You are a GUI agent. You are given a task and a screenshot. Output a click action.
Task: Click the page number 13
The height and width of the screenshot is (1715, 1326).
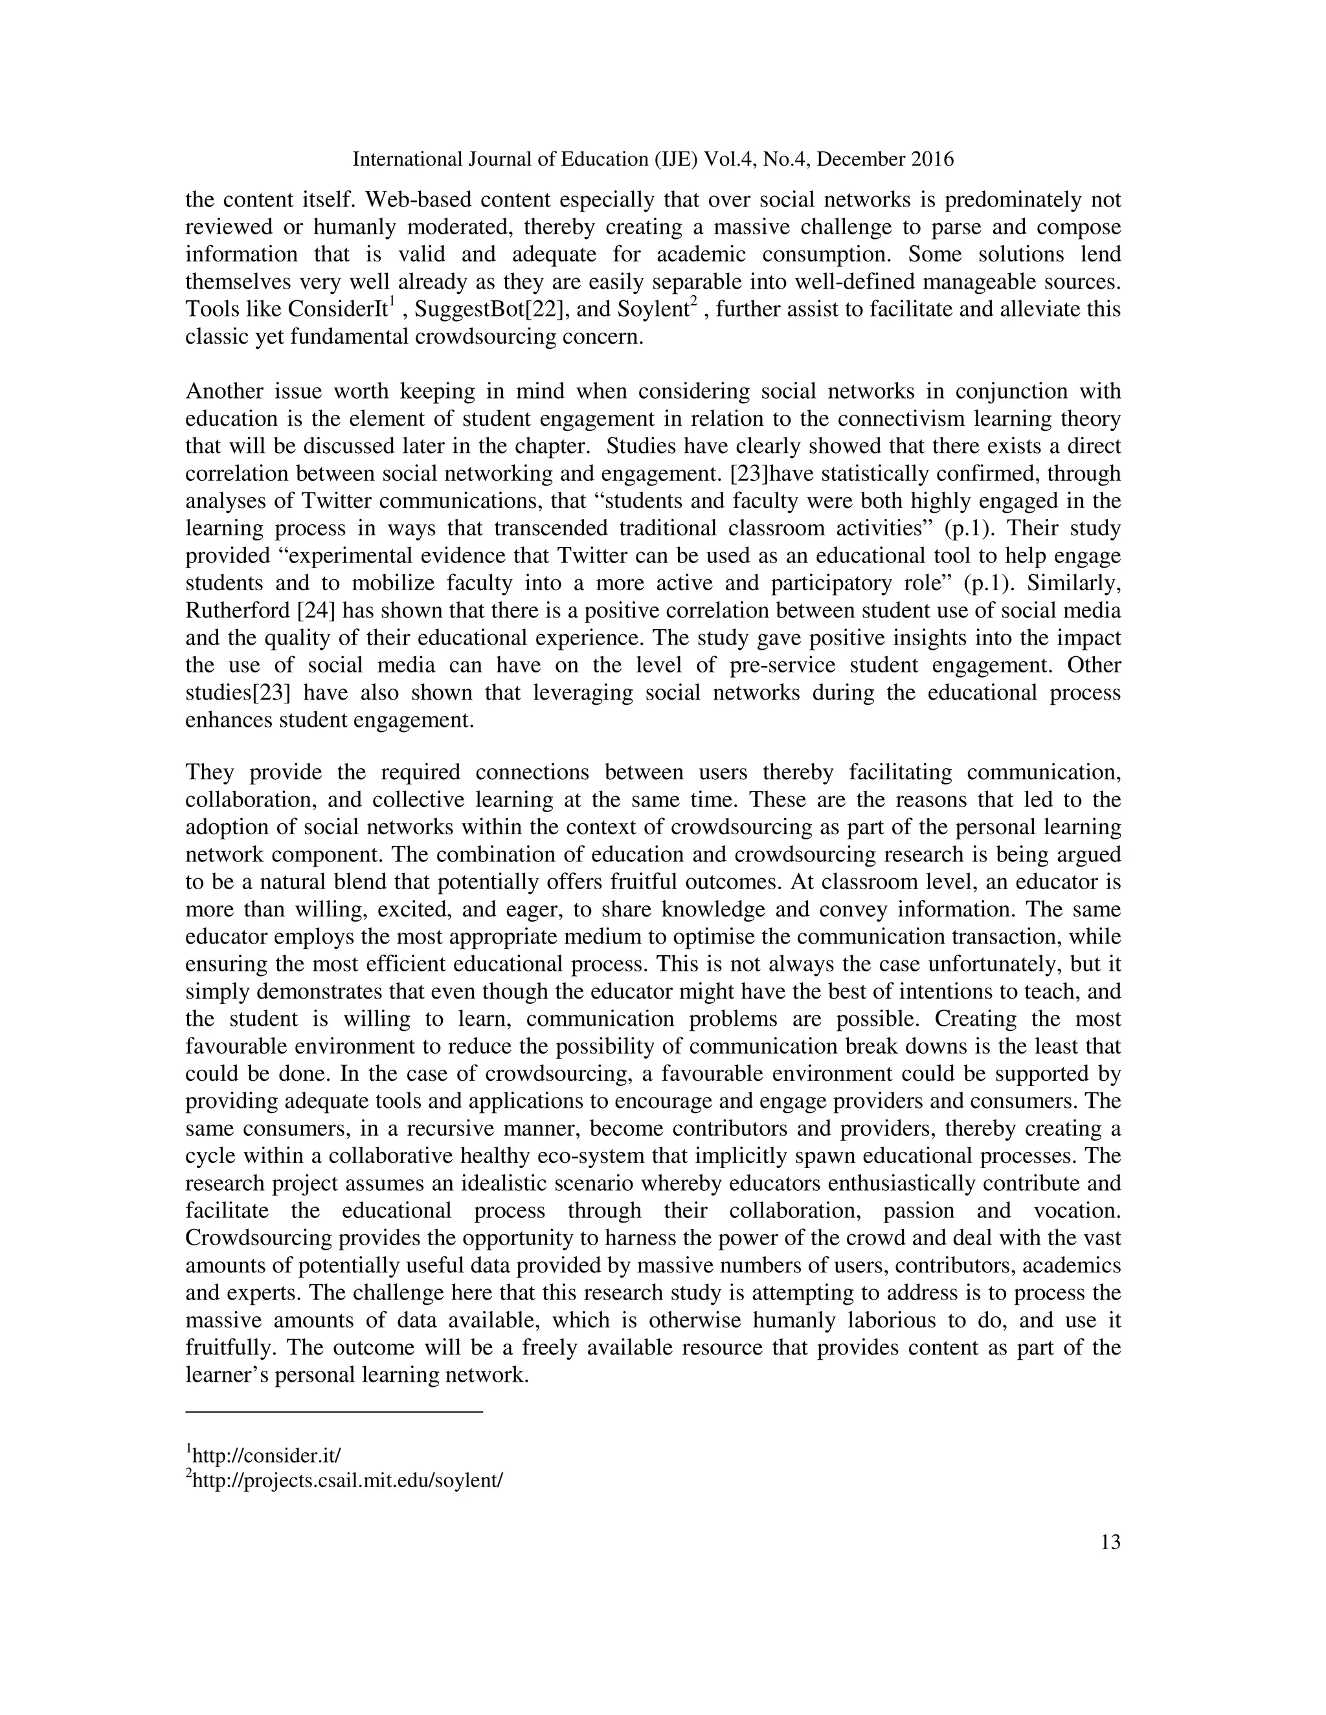click(1110, 1542)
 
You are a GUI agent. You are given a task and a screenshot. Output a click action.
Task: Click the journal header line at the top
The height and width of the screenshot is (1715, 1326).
click(653, 159)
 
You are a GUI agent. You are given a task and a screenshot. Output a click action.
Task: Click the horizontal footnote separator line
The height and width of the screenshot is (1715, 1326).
click(334, 1413)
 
